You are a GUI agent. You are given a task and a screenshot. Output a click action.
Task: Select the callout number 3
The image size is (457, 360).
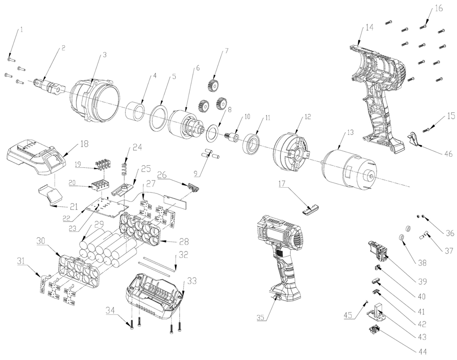coord(105,55)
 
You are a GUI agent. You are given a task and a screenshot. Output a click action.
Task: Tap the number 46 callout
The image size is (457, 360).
coord(448,154)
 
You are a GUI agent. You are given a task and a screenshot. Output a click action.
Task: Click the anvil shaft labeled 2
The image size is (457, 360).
coord(49,84)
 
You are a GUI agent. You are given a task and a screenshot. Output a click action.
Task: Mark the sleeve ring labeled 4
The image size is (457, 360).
coord(137,111)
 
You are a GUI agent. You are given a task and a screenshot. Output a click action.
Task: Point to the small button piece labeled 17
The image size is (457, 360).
coord(310,209)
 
